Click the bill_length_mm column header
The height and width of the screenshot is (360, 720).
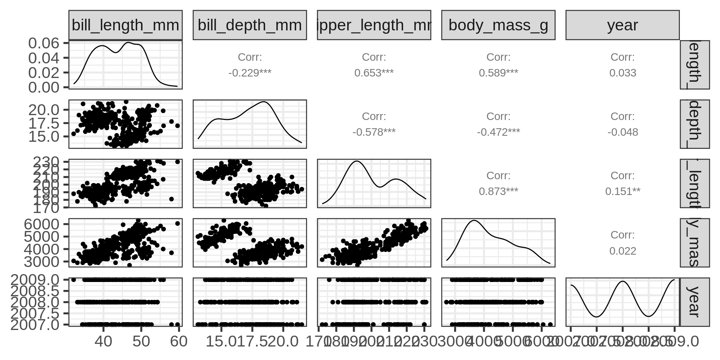tap(125, 25)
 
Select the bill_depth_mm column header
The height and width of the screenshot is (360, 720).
tap(250, 25)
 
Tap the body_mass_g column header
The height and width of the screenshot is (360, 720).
tap(498, 25)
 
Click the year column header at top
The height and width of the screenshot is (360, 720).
tap(622, 25)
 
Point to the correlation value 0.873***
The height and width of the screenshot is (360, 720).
tap(498, 191)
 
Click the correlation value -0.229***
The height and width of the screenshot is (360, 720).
tap(250, 73)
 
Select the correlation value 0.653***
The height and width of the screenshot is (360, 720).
tap(374, 73)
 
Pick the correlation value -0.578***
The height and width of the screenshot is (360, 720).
tap(374, 132)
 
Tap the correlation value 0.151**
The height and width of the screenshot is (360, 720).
tap(622, 191)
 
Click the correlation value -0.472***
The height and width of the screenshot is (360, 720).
tap(498, 132)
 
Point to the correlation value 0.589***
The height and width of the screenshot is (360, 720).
tap(498, 73)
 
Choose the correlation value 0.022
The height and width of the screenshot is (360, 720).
tap(622, 251)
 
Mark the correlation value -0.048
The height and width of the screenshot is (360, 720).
tap(622, 132)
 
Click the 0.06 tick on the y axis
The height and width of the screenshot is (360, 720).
tap(44, 43)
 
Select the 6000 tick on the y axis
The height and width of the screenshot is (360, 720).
tap(41, 224)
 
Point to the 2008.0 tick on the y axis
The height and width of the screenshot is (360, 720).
tap(35, 302)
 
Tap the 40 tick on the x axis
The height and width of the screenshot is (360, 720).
tap(103, 342)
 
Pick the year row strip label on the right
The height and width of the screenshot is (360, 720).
tap(694, 302)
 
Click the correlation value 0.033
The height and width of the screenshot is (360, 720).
tap(622, 73)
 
